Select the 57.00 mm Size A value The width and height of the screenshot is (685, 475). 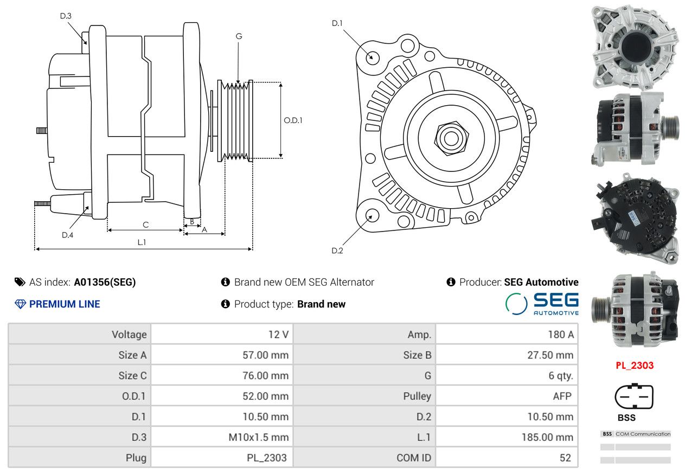point(265,355)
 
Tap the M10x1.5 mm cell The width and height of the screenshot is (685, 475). point(259,437)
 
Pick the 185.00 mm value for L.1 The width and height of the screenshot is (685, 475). point(547,437)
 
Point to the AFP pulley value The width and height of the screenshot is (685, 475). point(562,396)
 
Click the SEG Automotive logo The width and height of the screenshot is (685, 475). point(542,304)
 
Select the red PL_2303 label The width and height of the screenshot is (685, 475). point(635,365)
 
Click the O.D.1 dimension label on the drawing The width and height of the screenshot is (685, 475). point(293,120)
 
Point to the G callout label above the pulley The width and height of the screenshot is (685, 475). point(239,36)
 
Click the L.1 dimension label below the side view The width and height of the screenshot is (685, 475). point(142,242)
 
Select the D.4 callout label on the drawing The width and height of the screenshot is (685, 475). point(67,235)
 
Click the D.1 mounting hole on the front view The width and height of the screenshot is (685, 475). point(372,56)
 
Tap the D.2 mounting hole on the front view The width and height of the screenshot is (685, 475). point(372,215)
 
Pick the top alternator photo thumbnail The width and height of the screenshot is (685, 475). point(634,48)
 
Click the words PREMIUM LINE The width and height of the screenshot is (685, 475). point(65,304)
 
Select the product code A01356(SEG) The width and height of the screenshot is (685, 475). point(105,282)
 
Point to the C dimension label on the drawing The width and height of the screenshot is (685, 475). point(145,224)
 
